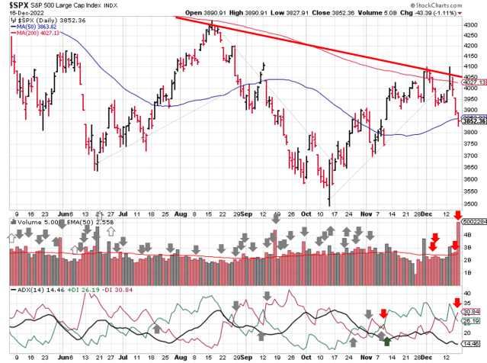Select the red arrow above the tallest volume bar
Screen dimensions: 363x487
coord(457,215)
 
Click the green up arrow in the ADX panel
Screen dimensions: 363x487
coord(388,340)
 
